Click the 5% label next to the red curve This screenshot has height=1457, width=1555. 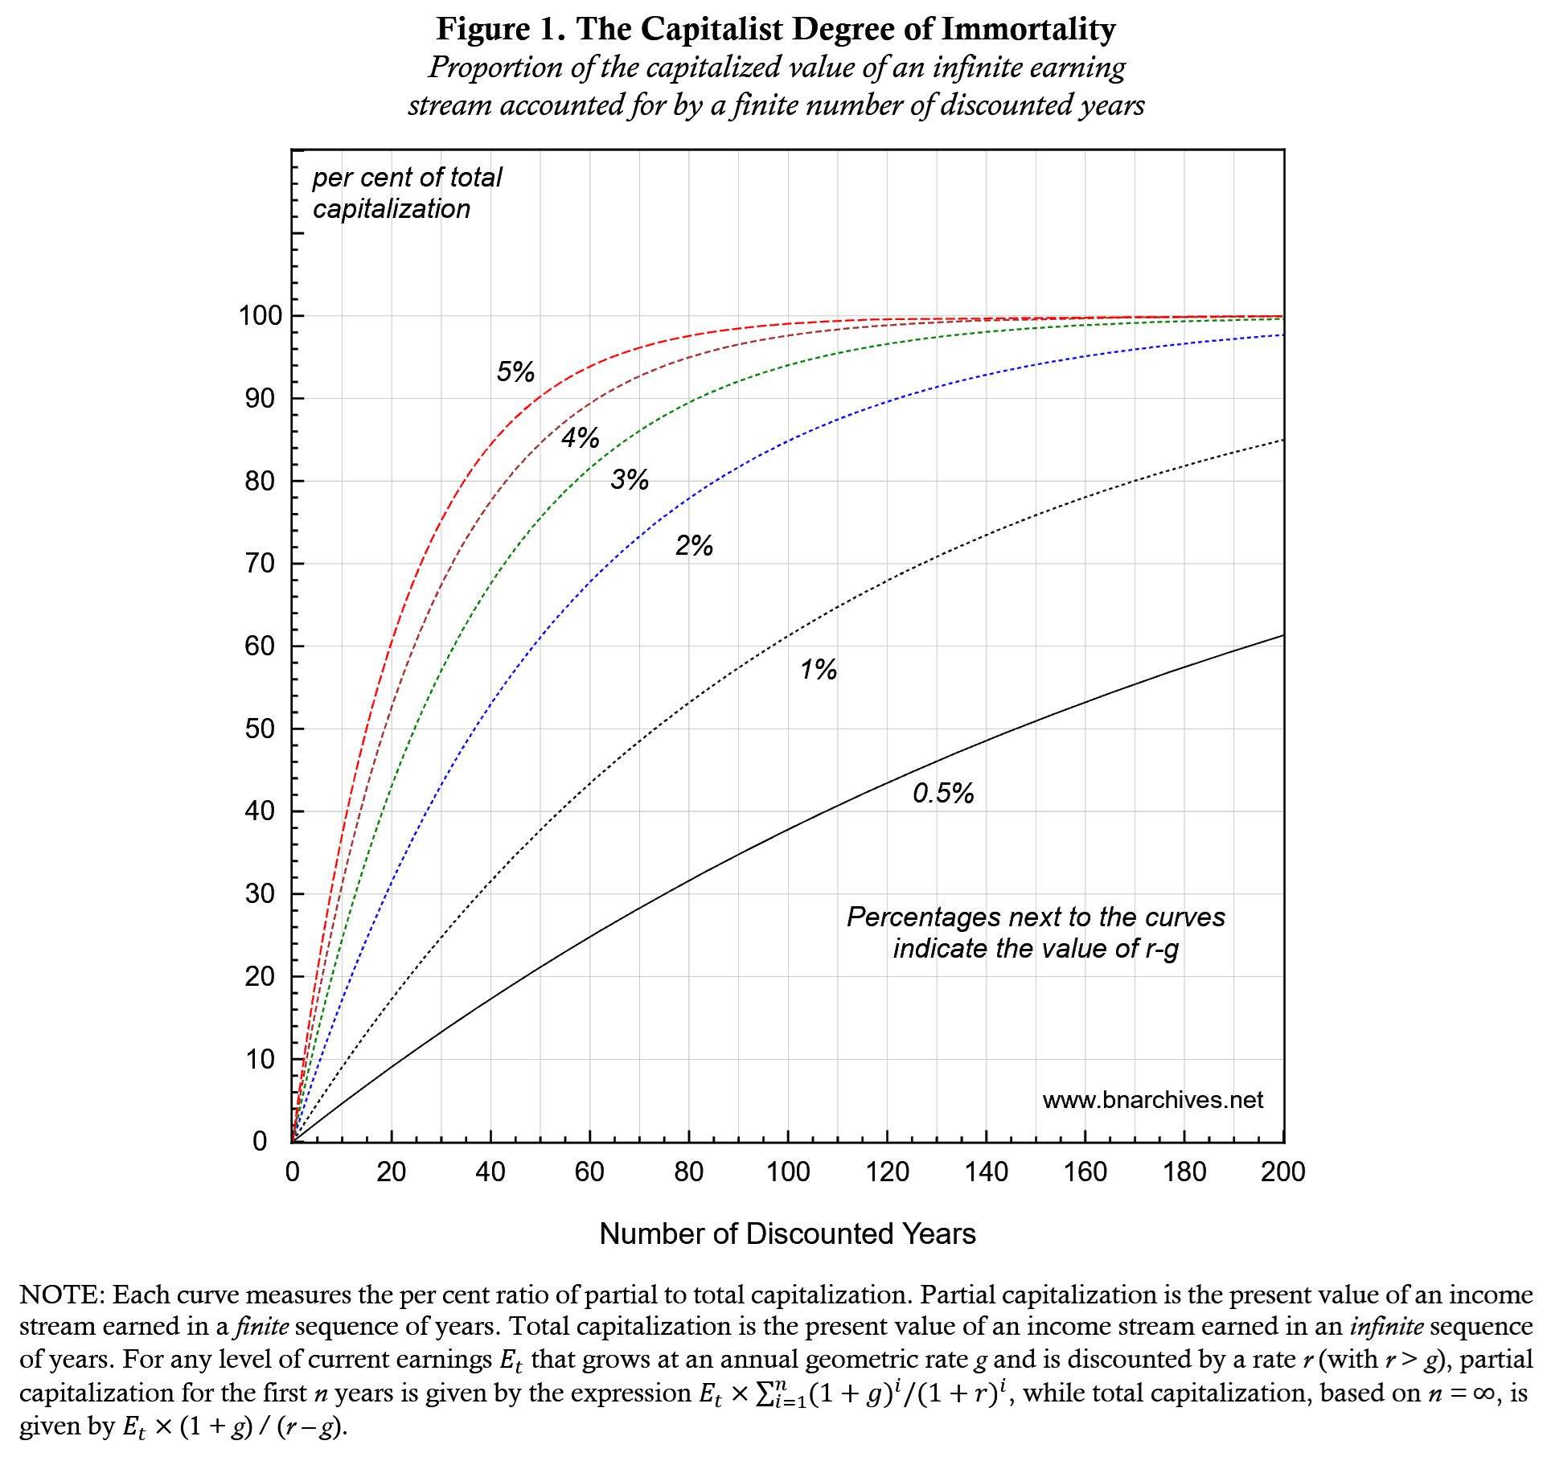pyautogui.click(x=515, y=372)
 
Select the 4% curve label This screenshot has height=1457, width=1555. pyautogui.click(x=580, y=438)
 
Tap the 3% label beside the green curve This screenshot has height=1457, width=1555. pyautogui.click(x=630, y=480)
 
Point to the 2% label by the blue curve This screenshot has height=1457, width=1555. pyautogui.click(x=694, y=547)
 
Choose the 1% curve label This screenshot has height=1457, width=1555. pyautogui.click(x=819, y=670)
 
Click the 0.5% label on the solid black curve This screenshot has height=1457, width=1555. pyautogui.click(x=943, y=794)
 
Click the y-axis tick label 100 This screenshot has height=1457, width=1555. pyautogui.click(x=260, y=316)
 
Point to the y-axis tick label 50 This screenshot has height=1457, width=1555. pyautogui.click(x=260, y=729)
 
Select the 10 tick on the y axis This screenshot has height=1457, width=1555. pyautogui.click(x=260, y=1060)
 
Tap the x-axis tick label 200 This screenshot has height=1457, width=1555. pyautogui.click(x=1282, y=1172)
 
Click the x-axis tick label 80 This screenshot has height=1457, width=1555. pyautogui.click(x=689, y=1172)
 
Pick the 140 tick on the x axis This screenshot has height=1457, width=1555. pyautogui.click(x=986, y=1172)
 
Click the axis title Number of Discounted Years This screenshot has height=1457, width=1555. pyautogui.click(x=787, y=1233)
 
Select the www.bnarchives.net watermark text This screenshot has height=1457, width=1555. pyautogui.click(x=1152, y=1100)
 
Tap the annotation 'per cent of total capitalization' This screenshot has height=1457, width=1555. pyautogui.click(x=407, y=193)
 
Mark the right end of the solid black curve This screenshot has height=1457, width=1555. pyautogui.click(x=1282, y=636)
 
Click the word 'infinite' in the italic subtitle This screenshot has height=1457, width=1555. pyautogui.click(x=974, y=68)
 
